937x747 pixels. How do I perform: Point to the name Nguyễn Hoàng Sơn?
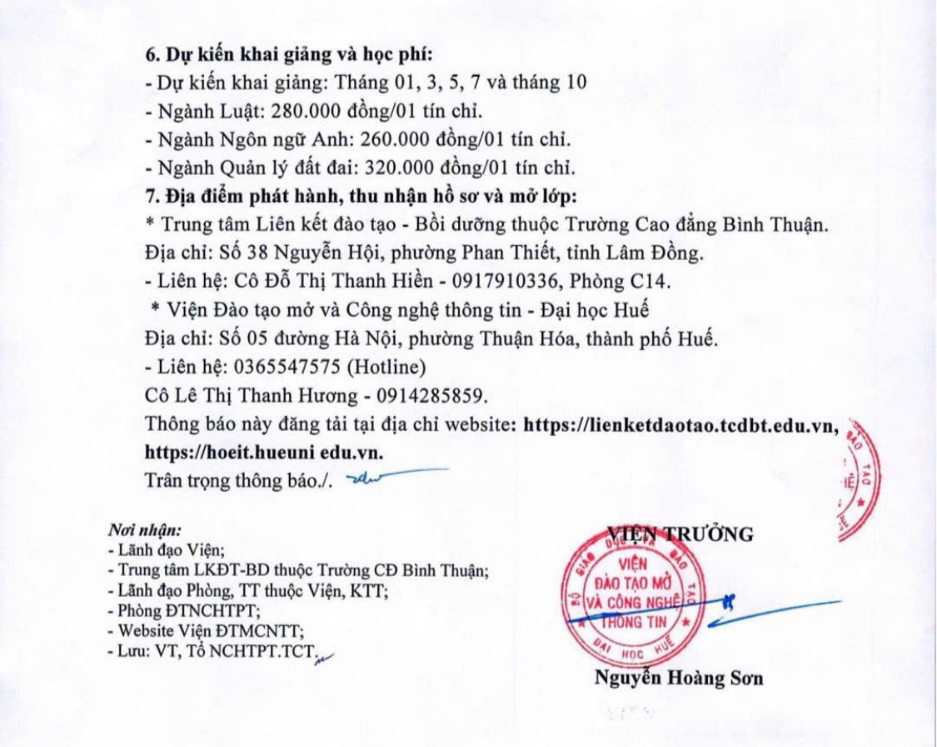pyautogui.click(x=678, y=678)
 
